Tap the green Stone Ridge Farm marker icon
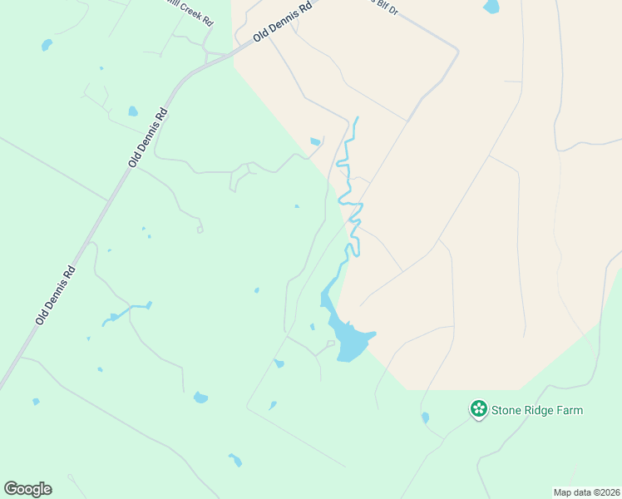click(x=478, y=409)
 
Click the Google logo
click(x=27, y=489)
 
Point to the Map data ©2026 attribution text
click(x=586, y=492)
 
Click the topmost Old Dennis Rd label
click(x=284, y=22)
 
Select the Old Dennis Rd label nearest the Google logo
click(x=56, y=294)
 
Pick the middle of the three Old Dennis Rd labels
click(x=149, y=137)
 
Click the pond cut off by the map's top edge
click(x=491, y=7)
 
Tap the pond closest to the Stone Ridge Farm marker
click(x=425, y=417)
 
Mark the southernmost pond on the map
click(x=236, y=460)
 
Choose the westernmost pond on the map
click(x=36, y=402)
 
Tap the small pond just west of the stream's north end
click(x=315, y=142)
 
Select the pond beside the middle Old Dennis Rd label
click(x=133, y=111)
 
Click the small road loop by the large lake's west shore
click(x=330, y=343)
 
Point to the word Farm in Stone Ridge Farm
click(x=570, y=410)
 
